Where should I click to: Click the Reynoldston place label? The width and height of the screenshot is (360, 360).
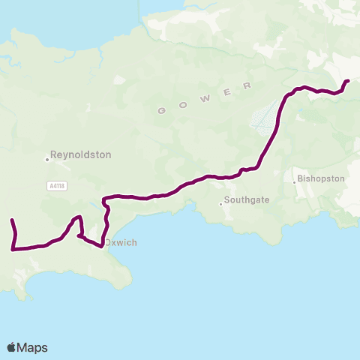click(81, 154)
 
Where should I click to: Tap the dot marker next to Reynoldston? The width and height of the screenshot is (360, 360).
click(47, 159)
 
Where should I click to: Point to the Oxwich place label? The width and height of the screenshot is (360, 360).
click(121, 242)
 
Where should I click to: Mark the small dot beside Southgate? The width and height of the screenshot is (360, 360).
click(221, 204)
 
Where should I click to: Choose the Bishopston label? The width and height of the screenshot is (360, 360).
click(321, 179)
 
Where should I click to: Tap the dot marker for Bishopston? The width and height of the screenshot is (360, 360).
click(295, 181)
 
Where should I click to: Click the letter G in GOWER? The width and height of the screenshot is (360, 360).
click(160, 112)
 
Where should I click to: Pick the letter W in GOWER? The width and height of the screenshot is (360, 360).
click(204, 97)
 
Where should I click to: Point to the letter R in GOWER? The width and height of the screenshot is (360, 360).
click(246, 85)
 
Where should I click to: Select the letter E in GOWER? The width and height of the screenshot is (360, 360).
click(226, 91)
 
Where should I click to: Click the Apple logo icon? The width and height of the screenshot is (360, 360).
click(12, 347)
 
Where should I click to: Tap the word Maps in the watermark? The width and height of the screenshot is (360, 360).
click(33, 347)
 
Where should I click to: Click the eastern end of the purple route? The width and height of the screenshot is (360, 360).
click(347, 81)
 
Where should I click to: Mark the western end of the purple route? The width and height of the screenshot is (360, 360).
click(11, 220)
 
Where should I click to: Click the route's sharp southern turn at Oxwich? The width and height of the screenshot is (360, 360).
click(101, 246)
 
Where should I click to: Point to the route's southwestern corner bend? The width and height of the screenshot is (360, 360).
click(13, 248)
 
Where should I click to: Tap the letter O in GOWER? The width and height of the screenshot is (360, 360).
click(181, 105)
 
